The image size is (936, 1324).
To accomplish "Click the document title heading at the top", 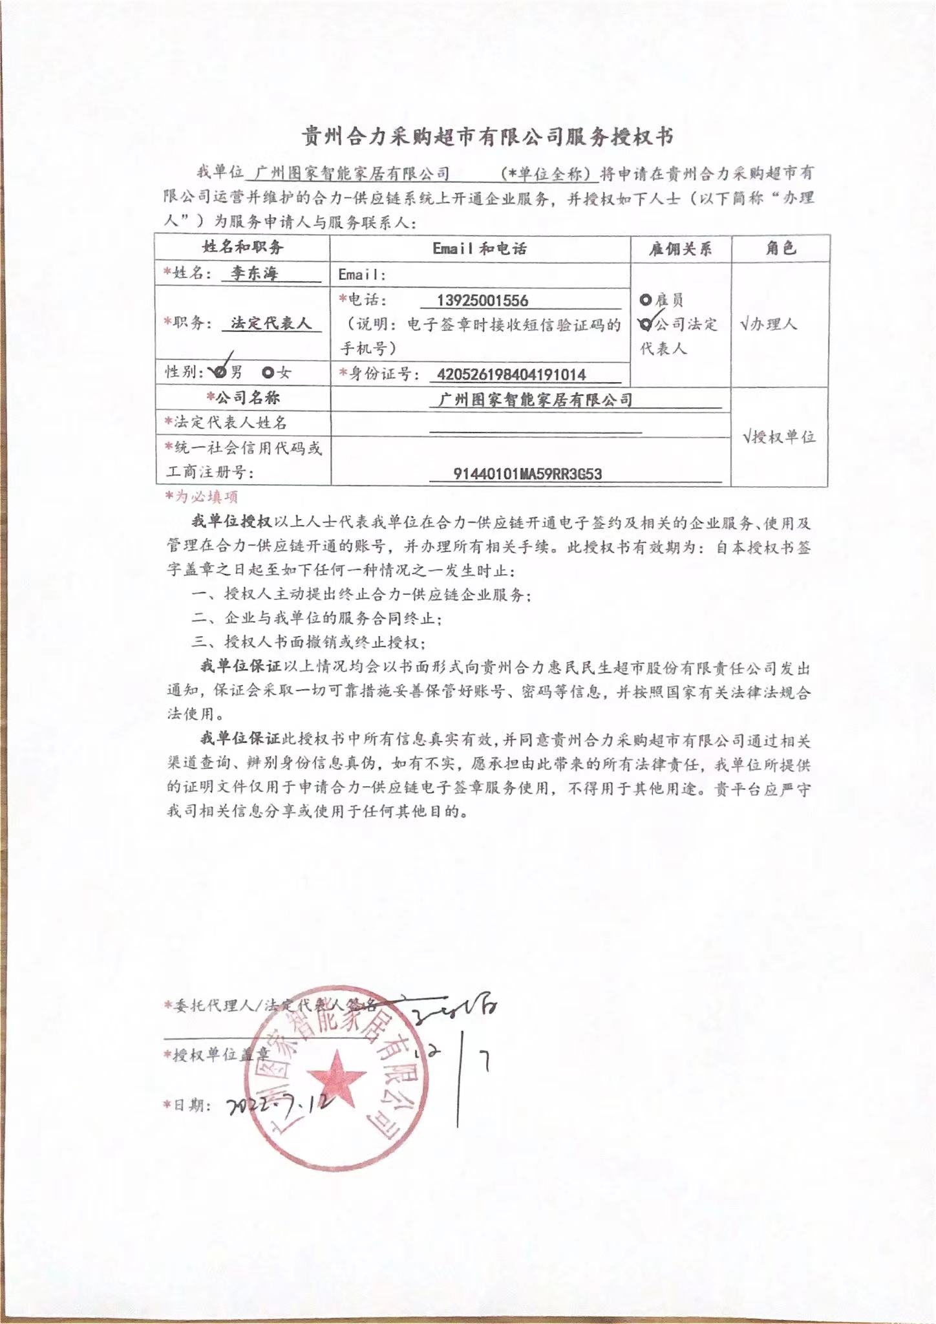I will point(489,137).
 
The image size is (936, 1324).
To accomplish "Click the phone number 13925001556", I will point(482,301).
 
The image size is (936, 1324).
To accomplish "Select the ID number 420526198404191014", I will point(511,374).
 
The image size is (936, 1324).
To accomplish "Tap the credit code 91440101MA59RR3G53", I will point(527,474).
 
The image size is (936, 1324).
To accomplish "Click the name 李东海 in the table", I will point(253,273).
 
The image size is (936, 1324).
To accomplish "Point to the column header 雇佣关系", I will point(680,249).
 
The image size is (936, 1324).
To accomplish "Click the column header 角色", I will point(780,248).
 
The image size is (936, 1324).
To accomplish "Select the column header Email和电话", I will point(480,249).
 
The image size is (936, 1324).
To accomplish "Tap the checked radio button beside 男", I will point(220,372).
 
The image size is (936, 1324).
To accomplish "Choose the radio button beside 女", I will point(268,372).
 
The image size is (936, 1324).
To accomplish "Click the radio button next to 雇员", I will point(645,300).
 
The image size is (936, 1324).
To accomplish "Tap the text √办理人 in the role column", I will point(769,324).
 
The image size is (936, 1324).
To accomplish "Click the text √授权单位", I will point(779,437).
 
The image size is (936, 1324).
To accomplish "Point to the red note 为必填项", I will point(202,496).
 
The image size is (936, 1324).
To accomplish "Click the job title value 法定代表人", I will point(271,323).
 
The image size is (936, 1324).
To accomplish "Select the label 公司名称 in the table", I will point(242,398).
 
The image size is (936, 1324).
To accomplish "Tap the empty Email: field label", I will point(362,275).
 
